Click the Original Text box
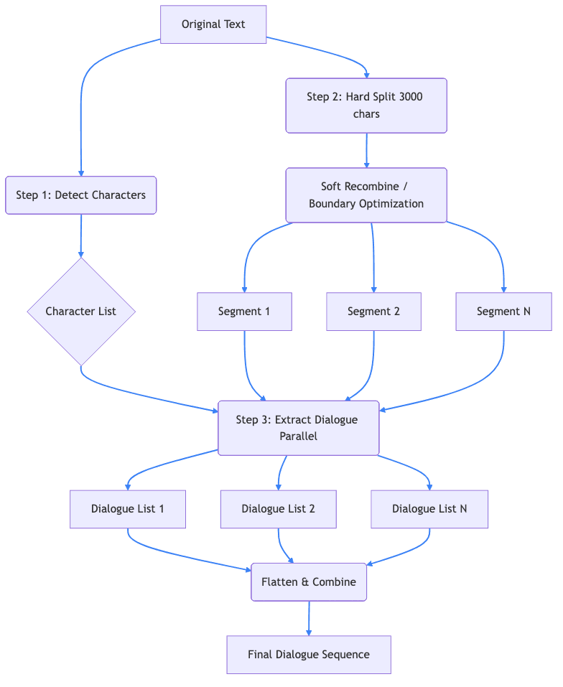coord(213,24)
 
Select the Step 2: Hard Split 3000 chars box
coord(366,106)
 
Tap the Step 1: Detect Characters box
coord(80,195)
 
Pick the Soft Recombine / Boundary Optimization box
coord(366,195)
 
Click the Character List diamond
coord(80,312)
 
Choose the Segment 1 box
coord(244,312)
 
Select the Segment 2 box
coord(373,312)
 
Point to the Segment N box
coord(503,312)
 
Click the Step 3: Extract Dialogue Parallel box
coord(298,428)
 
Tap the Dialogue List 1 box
coord(128,509)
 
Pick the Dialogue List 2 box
coord(278,509)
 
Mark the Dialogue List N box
coord(429,509)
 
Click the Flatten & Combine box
coord(309,582)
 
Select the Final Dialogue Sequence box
coord(309,655)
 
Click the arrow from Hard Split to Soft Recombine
coord(366,150)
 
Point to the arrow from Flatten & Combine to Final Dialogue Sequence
coord(309,618)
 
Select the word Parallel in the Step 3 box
coord(298,436)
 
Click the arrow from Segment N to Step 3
coord(474,388)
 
